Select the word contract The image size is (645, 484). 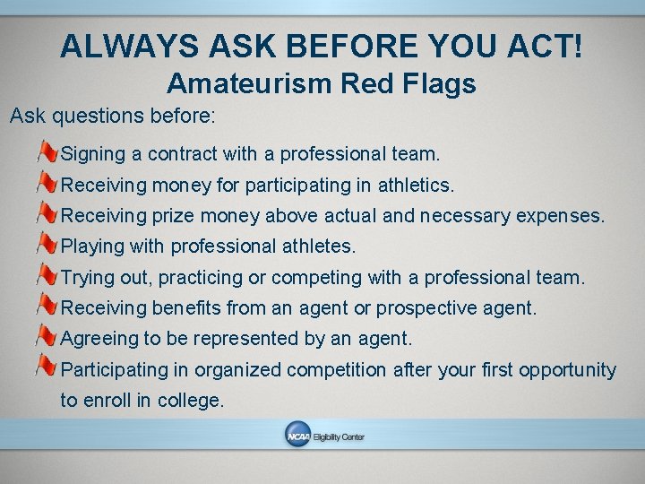[182, 154]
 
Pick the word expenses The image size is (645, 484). [560, 216]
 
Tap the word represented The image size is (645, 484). [210, 339]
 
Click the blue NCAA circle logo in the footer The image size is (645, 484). [297, 436]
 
